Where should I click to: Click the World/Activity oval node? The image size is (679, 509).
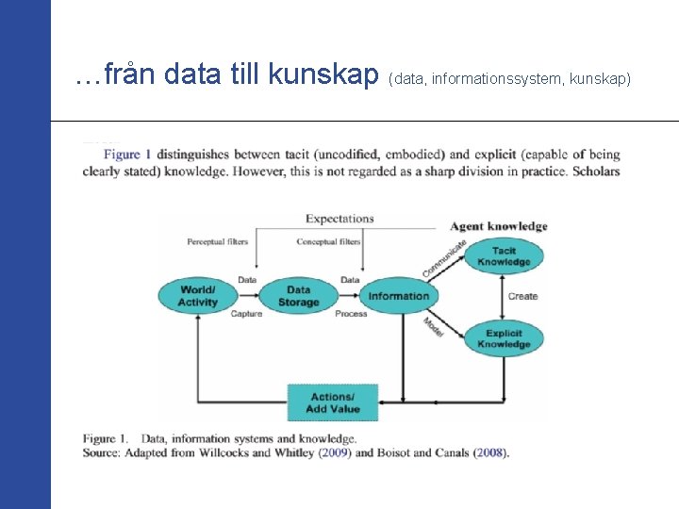(197, 296)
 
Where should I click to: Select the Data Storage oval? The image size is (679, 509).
(298, 296)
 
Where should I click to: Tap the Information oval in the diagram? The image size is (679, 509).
(398, 296)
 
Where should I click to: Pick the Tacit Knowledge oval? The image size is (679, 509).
(504, 255)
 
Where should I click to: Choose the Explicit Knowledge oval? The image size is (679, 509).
(504, 338)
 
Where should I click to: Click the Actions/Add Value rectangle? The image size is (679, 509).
(332, 402)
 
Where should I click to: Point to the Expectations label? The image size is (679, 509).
(339, 219)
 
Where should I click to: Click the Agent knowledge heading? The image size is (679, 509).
(499, 226)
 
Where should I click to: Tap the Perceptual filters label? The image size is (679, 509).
(217, 241)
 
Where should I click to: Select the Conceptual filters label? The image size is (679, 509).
(328, 241)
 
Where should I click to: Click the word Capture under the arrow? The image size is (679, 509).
(246, 314)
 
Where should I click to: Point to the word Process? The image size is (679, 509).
(351, 314)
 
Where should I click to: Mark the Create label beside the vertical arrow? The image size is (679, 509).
(522, 296)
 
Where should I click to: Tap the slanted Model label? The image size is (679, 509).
(434, 327)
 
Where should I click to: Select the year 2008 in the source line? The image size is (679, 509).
(489, 453)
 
